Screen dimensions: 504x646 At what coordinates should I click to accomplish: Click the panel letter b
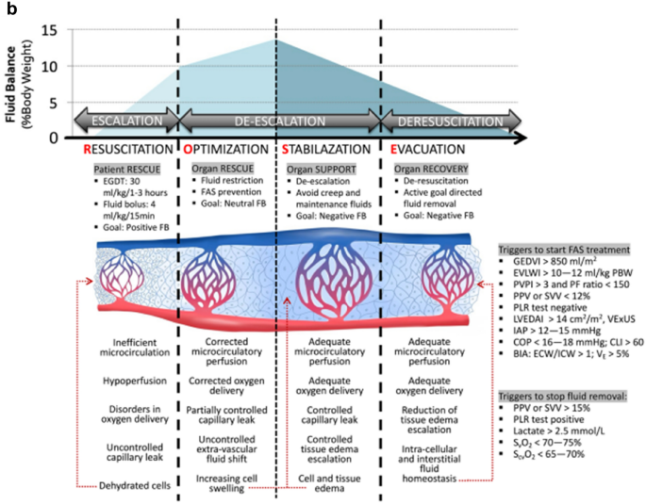click(x=8, y=8)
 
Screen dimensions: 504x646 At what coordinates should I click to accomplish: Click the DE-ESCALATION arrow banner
click(x=278, y=121)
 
